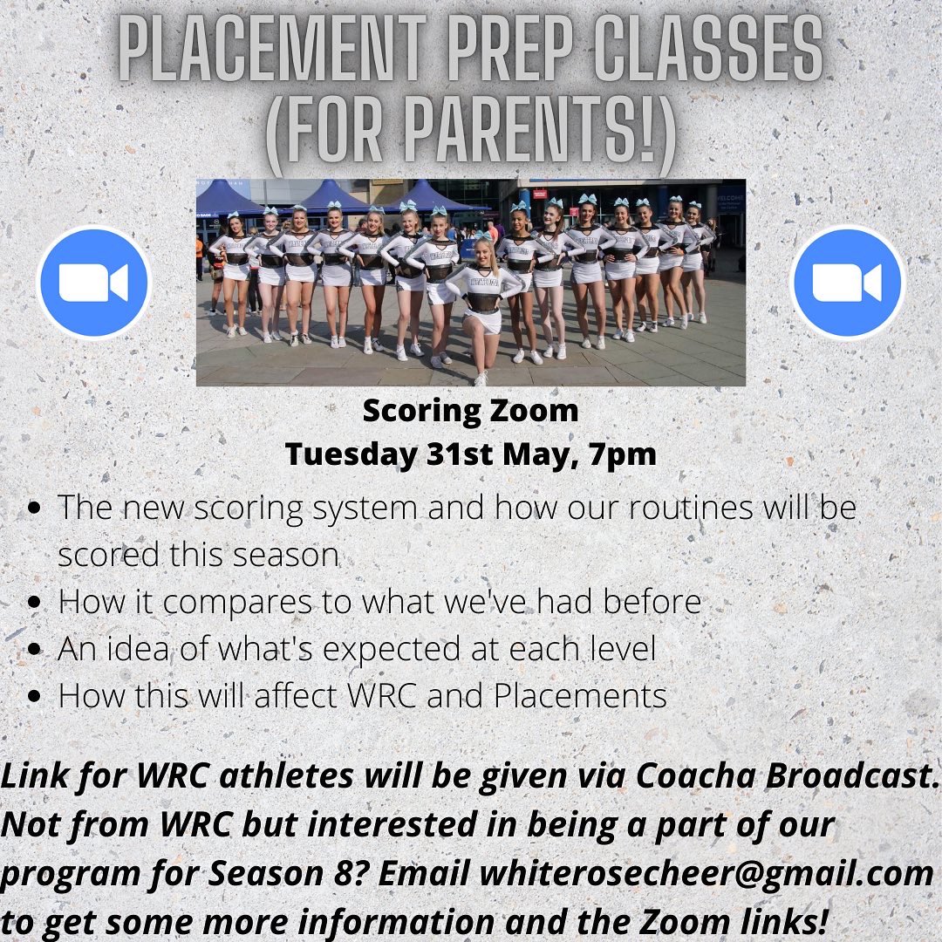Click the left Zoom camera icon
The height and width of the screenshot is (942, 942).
click(94, 283)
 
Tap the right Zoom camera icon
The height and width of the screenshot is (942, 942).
click(847, 283)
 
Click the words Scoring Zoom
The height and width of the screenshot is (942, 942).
click(470, 411)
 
